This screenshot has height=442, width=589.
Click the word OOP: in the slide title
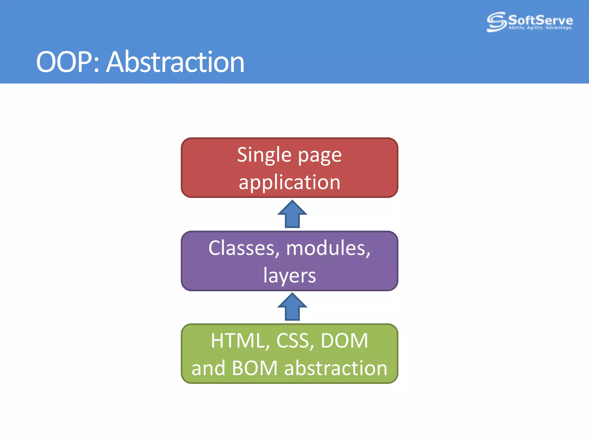point(68,62)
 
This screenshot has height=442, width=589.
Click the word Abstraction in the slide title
point(175,62)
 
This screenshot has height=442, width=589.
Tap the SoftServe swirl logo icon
point(496,22)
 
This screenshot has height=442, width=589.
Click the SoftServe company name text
point(540,20)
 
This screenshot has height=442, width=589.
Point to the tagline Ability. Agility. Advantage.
point(540,28)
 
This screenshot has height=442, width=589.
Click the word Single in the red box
point(264,155)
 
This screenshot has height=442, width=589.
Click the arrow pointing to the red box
point(292,214)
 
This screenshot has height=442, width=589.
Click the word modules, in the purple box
point(328,248)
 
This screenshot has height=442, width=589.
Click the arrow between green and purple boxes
point(292,307)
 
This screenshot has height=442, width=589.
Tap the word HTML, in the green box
point(240,341)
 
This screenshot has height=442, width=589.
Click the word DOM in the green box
point(344,341)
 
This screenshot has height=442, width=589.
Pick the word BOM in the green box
point(255,368)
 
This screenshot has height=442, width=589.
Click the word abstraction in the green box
point(336,368)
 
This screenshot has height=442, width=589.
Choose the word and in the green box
point(208,368)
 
